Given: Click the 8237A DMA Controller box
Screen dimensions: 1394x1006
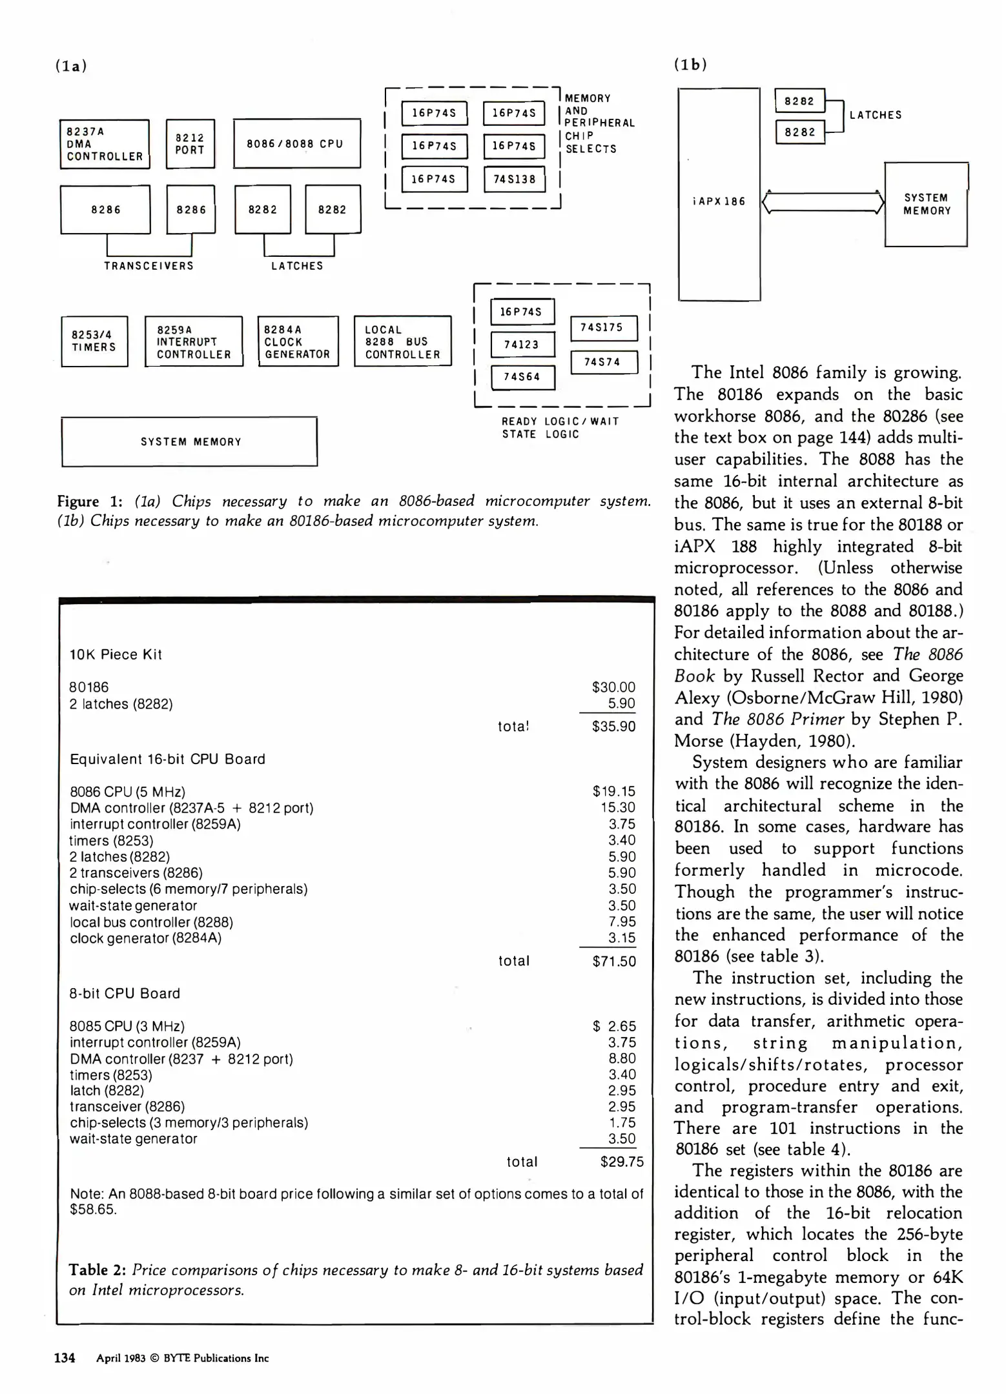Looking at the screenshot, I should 105,144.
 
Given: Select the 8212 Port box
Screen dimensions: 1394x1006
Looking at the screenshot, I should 190,144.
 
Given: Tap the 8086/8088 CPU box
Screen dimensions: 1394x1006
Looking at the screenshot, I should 296,143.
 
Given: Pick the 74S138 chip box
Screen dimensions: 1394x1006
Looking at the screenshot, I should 514,179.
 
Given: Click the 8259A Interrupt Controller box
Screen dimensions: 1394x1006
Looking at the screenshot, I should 194,341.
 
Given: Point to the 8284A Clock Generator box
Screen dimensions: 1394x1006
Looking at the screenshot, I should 298,341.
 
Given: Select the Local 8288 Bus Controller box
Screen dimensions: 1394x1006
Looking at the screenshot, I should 402,341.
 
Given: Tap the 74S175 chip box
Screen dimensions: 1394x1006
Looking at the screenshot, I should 603,328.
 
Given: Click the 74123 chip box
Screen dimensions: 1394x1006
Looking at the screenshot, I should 522,345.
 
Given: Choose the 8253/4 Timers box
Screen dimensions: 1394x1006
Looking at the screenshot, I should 94,341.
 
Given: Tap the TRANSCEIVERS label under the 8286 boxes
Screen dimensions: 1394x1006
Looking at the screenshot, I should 149,266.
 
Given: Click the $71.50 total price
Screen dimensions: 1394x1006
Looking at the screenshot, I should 613,961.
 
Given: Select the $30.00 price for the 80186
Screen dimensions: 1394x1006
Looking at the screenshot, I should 613,687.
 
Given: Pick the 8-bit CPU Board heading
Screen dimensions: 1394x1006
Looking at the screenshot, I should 125,993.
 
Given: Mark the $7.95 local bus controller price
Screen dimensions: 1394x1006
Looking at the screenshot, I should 622,922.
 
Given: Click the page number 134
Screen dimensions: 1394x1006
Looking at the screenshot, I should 65,1358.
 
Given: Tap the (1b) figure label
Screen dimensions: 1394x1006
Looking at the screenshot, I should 690,65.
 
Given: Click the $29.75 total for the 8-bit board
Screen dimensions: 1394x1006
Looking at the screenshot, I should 621,1162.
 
